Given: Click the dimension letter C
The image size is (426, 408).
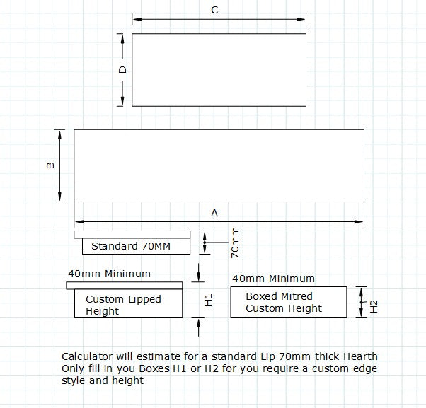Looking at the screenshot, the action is click(x=214, y=10).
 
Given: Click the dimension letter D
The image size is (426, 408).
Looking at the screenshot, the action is click(x=122, y=70).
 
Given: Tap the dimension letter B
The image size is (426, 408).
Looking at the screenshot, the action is click(x=50, y=165).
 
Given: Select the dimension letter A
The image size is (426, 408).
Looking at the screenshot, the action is click(x=214, y=213).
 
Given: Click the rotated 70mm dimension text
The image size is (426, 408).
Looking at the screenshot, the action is click(x=235, y=243).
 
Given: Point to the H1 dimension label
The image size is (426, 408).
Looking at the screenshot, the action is click(x=208, y=301).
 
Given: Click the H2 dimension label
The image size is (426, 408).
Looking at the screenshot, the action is click(x=374, y=306).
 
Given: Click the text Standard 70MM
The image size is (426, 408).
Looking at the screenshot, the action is click(x=131, y=246).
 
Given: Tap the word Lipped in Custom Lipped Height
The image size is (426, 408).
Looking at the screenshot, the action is click(x=144, y=300).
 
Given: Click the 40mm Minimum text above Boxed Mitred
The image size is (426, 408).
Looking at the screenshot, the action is click(x=273, y=279).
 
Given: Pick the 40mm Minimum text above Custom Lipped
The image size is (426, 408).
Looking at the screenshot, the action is click(x=109, y=274).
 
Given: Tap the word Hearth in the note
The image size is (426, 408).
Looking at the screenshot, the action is click(x=360, y=356).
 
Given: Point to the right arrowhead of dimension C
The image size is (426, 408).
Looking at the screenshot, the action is click(x=301, y=19).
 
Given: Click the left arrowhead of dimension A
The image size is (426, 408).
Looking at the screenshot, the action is click(x=79, y=222).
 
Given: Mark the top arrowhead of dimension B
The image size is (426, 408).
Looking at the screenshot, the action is click(x=59, y=134).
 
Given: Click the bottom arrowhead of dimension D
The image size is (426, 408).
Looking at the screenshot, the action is click(x=122, y=101).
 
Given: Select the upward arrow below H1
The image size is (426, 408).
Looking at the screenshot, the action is click(x=199, y=327).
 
